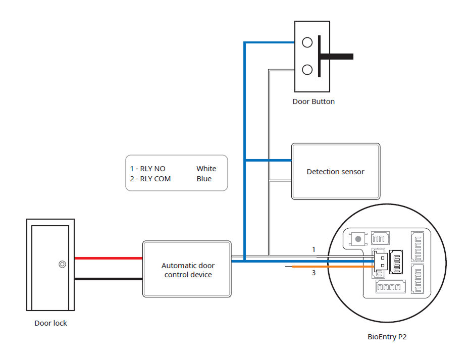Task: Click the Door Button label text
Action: tap(314, 101)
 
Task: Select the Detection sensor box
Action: tap(336, 172)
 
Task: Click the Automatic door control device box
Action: tap(187, 270)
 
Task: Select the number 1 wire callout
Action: tap(314, 249)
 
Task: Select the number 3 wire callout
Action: tap(314, 273)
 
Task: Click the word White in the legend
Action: tap(206, 169)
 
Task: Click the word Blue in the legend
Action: tap(204, 179)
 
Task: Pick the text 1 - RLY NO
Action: tap(147, 169)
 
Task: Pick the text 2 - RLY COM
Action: tap(150, 179)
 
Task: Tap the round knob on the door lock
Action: tap(62, 264)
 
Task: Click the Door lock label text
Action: tap(50, 323)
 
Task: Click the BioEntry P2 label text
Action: tap(387, 337)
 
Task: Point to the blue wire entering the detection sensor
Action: tap(268, 160)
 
